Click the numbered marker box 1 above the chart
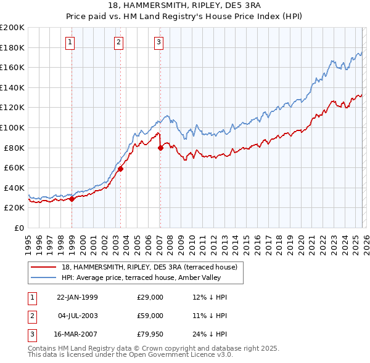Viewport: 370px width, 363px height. click(x=71, y=42)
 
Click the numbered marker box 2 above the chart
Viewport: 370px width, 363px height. click(x=118, y=42)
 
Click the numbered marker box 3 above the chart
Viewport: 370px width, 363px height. click(x=158, y=42)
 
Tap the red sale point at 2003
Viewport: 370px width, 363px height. click(x=121, y=169)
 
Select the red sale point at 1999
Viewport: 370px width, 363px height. click(x=72, y=199)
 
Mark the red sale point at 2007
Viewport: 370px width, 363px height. click(x=160, y=148)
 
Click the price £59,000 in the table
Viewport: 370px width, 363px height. click(x=150, y=316)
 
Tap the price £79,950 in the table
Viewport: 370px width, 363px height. click(x=150, y=334)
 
